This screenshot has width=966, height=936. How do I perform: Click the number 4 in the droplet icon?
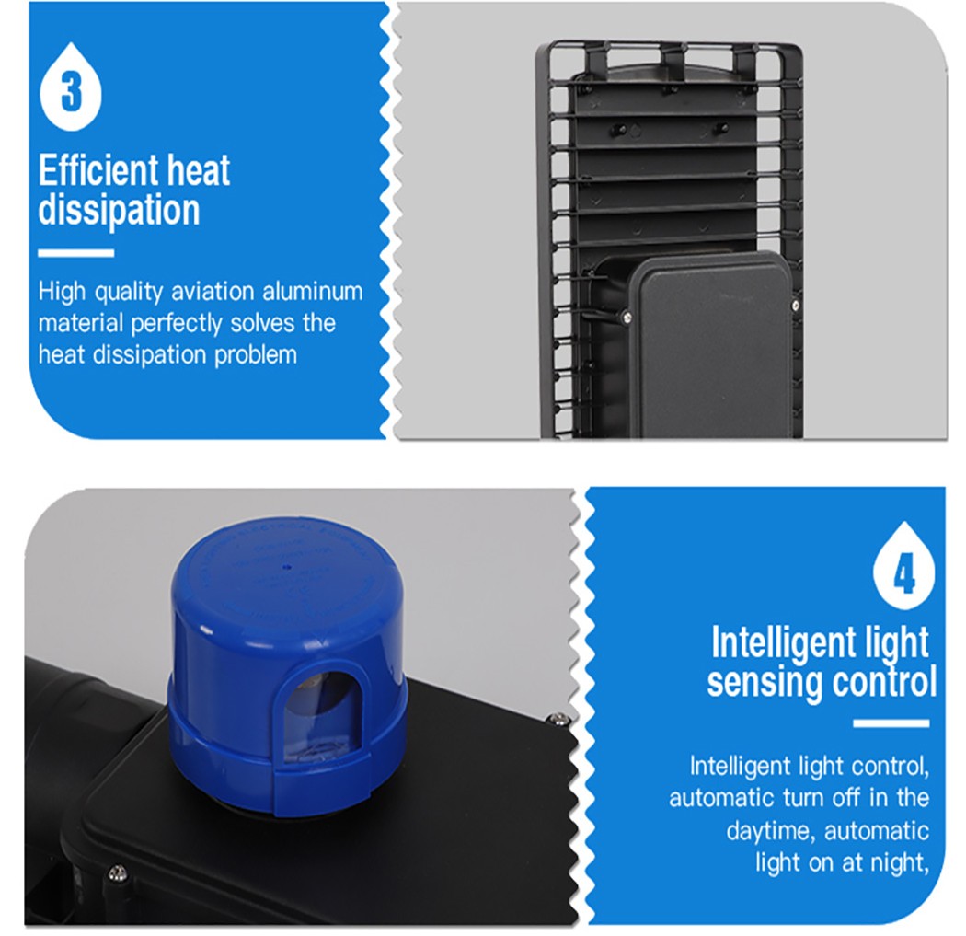click(x=903, y=575)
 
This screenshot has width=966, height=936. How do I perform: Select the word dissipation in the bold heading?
click(x=119, y=210)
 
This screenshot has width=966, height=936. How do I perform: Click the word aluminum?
click(x=313, y=291)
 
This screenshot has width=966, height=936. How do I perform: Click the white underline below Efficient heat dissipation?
click(x=75, y=253)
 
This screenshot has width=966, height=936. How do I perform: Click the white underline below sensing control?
click(x=891, y=723)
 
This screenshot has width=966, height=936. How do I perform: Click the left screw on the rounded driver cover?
click(x=626, y=318)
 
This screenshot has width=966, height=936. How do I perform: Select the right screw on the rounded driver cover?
click(x=795, y=305)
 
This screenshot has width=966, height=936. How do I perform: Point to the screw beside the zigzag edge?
click(x=557, y=718)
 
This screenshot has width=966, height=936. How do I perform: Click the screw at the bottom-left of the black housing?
click(x=117, y=873)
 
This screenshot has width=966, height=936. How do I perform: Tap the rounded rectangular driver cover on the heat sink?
click(x=711, y=345)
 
